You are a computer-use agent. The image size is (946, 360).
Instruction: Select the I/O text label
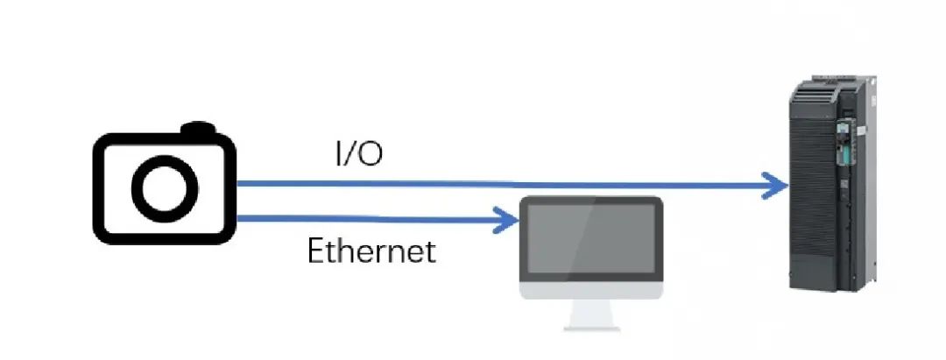click(359, 155)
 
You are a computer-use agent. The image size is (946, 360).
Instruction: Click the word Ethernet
click(371, 252)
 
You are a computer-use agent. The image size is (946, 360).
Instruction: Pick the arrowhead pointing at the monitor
click(506, 219)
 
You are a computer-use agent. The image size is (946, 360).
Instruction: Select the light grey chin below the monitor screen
click(590, 290)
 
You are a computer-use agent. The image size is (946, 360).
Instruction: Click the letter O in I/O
click(372, 156)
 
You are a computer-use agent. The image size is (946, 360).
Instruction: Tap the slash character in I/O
click(353, 156)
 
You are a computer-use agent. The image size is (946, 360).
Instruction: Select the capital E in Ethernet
click(315, 252)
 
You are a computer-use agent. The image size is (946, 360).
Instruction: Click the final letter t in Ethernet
click(429, 253)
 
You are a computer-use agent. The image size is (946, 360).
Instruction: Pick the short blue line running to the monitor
click(368, 219)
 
